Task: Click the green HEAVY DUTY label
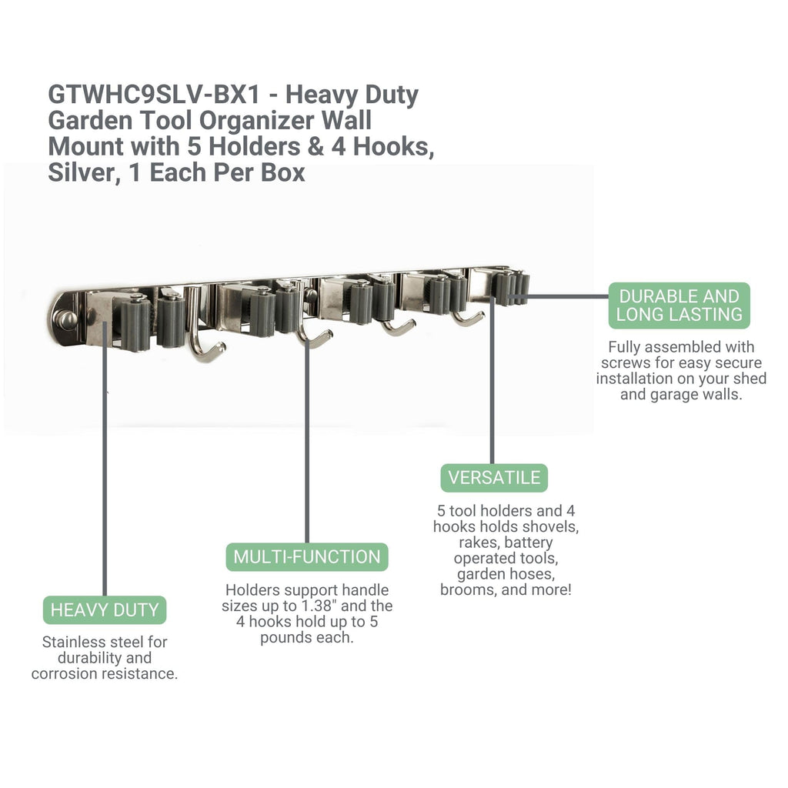pos(105,609)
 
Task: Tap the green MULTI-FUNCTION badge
pos(307,557)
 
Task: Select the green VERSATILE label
pos(494,478)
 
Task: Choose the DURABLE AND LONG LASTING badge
pos(679,306)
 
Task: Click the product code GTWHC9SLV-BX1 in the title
pos(155,95)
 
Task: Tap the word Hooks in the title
pos(393,147)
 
